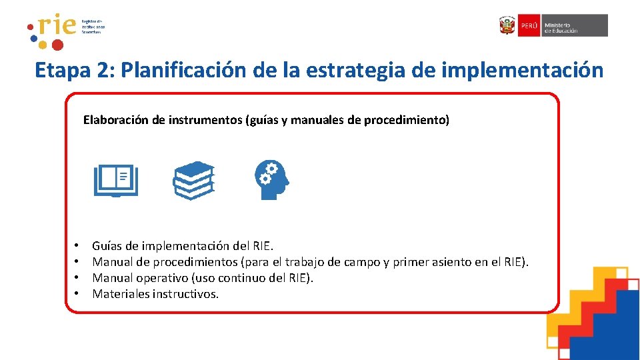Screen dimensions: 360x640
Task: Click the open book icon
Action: [x=116, y=181]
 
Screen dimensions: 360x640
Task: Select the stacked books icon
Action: [x=193, y=181]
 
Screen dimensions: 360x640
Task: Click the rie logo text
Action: [x=56, y=27]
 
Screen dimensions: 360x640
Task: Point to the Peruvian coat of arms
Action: [x=507, y=25]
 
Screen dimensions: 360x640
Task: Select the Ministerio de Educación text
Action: [x=561, y=26]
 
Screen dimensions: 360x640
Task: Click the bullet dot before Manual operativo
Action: [x=77, y=278]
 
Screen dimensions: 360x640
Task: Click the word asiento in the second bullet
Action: [x=452, y=262]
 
